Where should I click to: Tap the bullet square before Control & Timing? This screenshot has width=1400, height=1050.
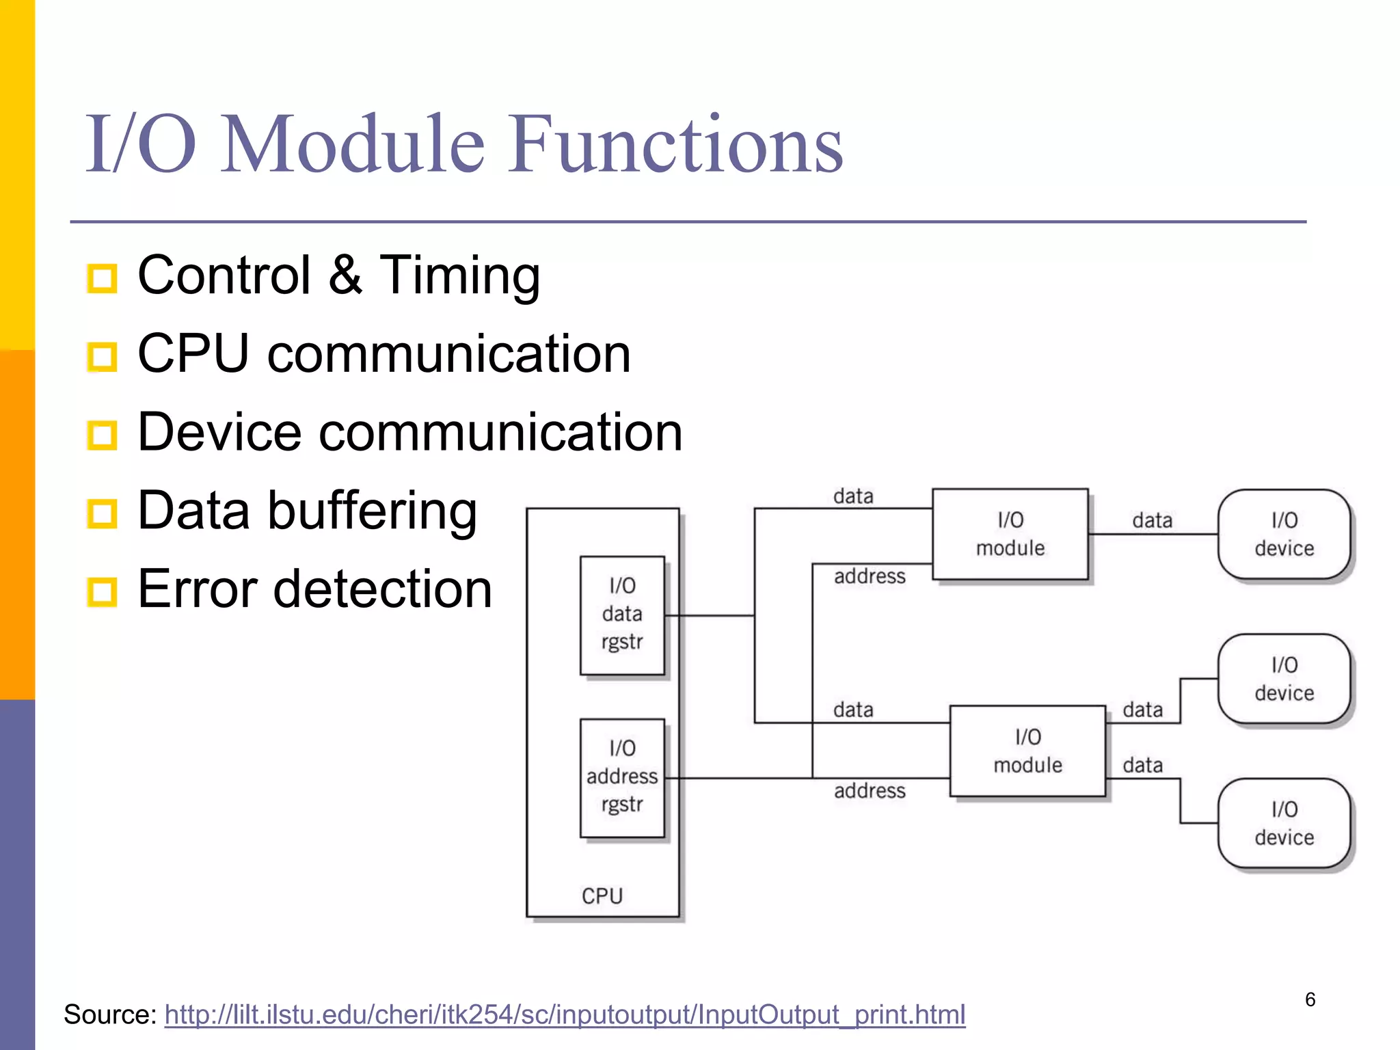pyautogui.click(x=103, y=278)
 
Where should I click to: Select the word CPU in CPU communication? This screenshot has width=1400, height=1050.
pyautogui.click(x=193, y=353)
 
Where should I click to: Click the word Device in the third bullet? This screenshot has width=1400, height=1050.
pyautogui.click(x=219, y=432)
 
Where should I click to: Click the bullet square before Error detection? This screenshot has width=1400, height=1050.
pyautogui.click(x=103, y=591)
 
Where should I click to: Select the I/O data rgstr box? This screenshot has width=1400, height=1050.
pyautogui.click(x=622, y=615)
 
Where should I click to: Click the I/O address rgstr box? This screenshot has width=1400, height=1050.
pyautogui.click(x=622, y=777)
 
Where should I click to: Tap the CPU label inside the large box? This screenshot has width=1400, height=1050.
pyautogui.click(x=602, y=896)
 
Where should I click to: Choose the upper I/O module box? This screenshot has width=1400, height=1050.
pyautogui.click(x=1010, y=535)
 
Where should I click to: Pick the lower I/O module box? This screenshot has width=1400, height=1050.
pyautogui.click(x=1027, y=751)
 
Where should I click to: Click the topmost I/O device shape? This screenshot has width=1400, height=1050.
pyautogui.click(x=1284, y=535)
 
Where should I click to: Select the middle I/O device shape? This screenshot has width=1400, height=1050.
pyautogui.click(x=1284, y=679)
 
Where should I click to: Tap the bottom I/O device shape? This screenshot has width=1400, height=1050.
pyautogui.click(x=1284, y=823)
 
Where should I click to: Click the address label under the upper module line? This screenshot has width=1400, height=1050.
pyautogui.click(x=870, y=576)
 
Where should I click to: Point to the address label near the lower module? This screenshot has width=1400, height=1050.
pyautogui.click(x=870, y=791)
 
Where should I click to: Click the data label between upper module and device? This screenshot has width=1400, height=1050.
pyautogui.click(x=1152, y=521)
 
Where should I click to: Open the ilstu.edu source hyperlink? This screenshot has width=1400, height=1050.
pyautogui.click(x=565, y=1014)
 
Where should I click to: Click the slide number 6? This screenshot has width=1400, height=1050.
pyautogui.click(x=1310, y=999)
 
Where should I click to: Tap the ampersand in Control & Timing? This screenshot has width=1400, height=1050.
pyautogui.click(x=345, y=275)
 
